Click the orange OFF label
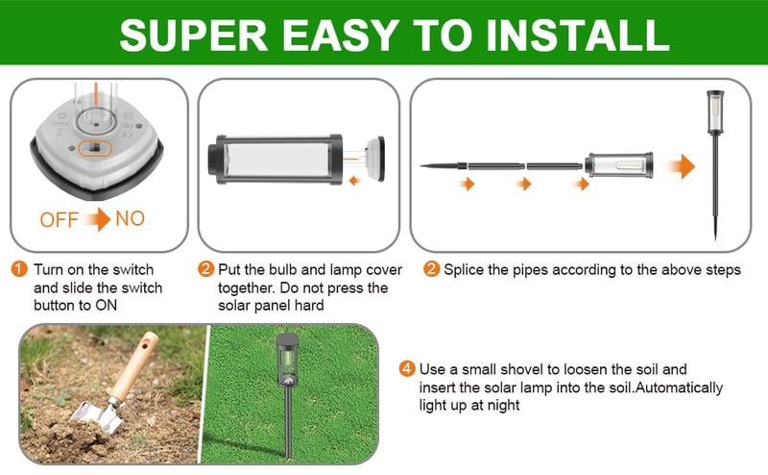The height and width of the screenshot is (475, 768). coord(60,220)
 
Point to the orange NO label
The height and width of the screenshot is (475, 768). coord(130,219)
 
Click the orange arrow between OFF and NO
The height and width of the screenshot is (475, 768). coord(97,220)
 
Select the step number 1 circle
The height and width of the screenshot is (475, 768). coord(20,270)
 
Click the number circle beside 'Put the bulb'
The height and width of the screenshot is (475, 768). coord(205,270)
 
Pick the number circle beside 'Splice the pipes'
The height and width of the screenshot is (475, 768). coord(432,270)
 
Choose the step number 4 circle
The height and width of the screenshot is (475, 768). coord(408,369)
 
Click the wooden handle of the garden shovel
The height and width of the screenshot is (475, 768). coord(134,365)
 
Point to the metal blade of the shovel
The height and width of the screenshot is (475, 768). coord(90,413)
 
